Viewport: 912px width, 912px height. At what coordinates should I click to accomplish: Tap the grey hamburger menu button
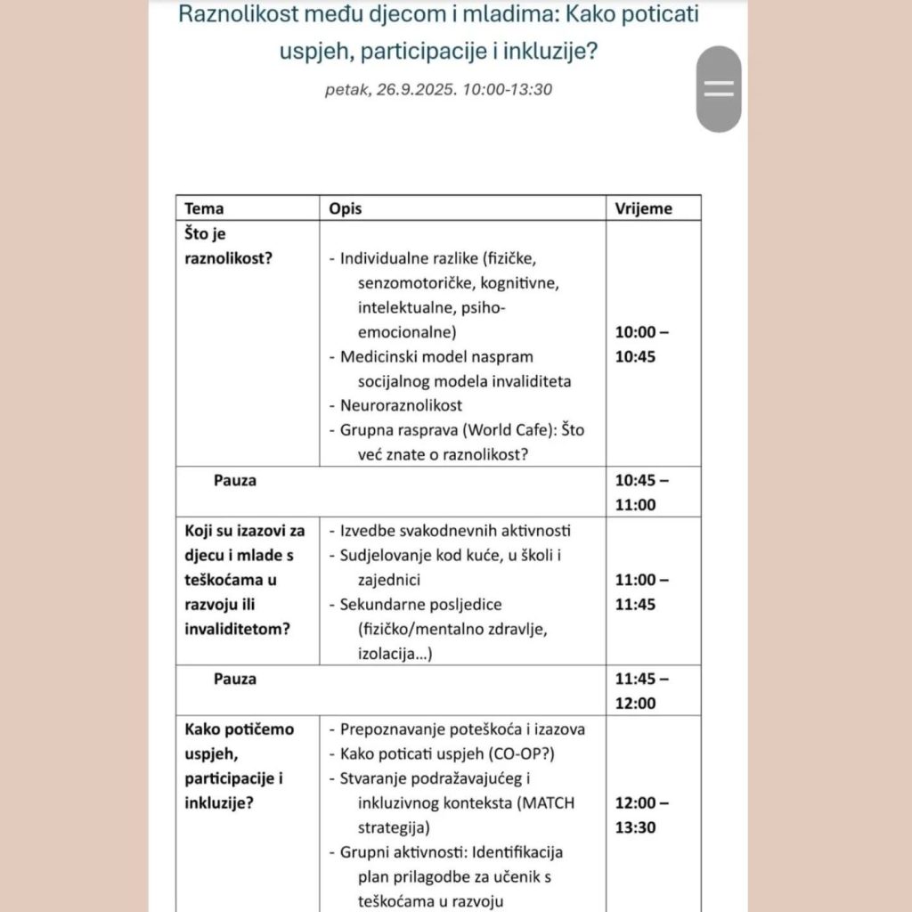[x=718, y=88]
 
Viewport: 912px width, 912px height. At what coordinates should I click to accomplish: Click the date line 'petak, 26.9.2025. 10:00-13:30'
[x=440, y=89]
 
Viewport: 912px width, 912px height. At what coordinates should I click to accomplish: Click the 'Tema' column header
[x=204, y=208]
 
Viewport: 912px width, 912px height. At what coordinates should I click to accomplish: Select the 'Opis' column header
[x=346, y=208]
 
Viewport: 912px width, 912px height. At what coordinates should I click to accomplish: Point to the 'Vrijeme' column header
[x=643, y=208]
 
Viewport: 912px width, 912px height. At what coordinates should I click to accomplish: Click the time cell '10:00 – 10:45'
[x=641, y=345]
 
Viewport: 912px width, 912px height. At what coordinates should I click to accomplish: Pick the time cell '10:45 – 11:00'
[x=641, y=493]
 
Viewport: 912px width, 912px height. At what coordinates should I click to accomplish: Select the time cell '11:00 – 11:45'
[x=641, y=591]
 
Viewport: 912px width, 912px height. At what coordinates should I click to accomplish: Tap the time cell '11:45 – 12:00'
[x=641, y=691]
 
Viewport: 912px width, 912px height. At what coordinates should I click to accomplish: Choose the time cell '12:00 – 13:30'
[x=641, y=815]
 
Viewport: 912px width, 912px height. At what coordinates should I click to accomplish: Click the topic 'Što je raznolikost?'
[x=228, y=247]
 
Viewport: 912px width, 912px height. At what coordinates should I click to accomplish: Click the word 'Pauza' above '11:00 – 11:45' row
[x=235, y=480]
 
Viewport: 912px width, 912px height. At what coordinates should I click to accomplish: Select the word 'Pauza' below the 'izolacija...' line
[x=235, y=679]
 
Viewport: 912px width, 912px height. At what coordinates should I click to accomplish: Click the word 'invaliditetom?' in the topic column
[x=237, y=629]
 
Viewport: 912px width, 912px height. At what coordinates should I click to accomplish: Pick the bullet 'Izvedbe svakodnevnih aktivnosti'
[x=455, y=531]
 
